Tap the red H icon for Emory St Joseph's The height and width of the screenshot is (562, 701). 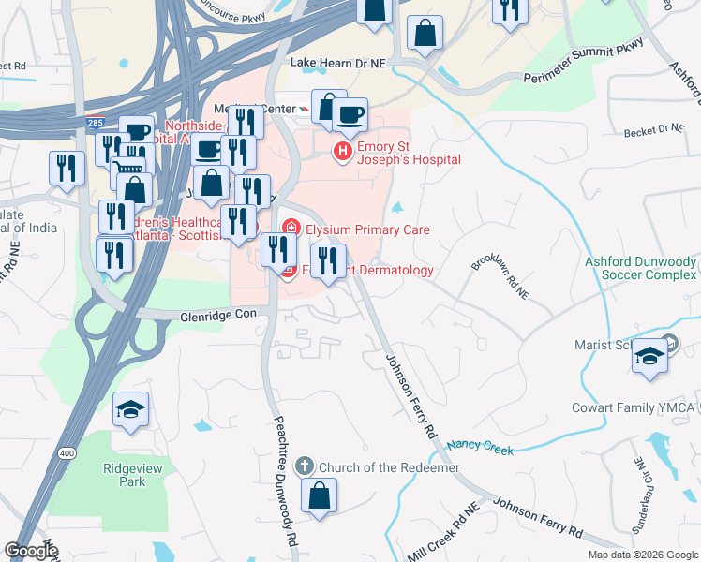click(343, 150)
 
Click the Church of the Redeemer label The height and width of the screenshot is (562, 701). click(389, 467)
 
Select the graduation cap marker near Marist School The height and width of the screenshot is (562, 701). click(650, 357)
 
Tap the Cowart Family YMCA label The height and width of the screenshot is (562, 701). click(631, 408)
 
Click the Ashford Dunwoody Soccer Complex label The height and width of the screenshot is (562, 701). click(641, 268)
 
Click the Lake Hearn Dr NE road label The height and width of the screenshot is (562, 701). click(338, 64)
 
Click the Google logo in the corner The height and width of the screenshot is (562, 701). click(31, 551)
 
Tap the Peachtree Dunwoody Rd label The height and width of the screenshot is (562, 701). click(288, 481)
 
